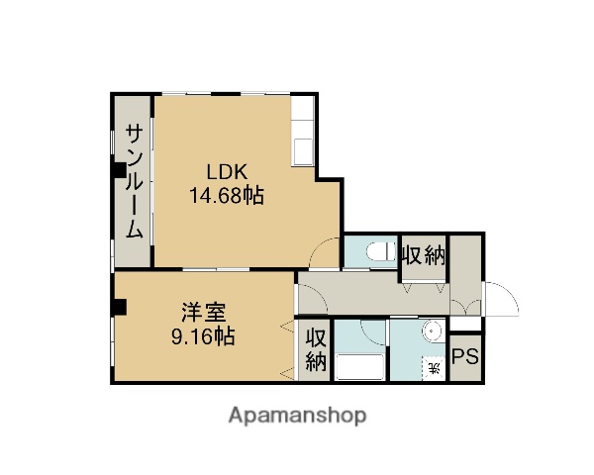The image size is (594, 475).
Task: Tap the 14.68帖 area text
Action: (226, 196)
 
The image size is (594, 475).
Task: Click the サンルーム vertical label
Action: (132, 182)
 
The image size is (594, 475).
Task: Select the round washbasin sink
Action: (432, 332)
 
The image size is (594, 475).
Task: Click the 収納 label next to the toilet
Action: (423, 254)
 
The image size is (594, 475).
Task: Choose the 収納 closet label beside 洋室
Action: (315, 348)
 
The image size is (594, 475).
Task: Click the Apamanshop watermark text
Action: (297, 416)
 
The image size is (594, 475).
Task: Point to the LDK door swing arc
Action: (325, 254)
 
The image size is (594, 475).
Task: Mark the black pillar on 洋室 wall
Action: (117, 305)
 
